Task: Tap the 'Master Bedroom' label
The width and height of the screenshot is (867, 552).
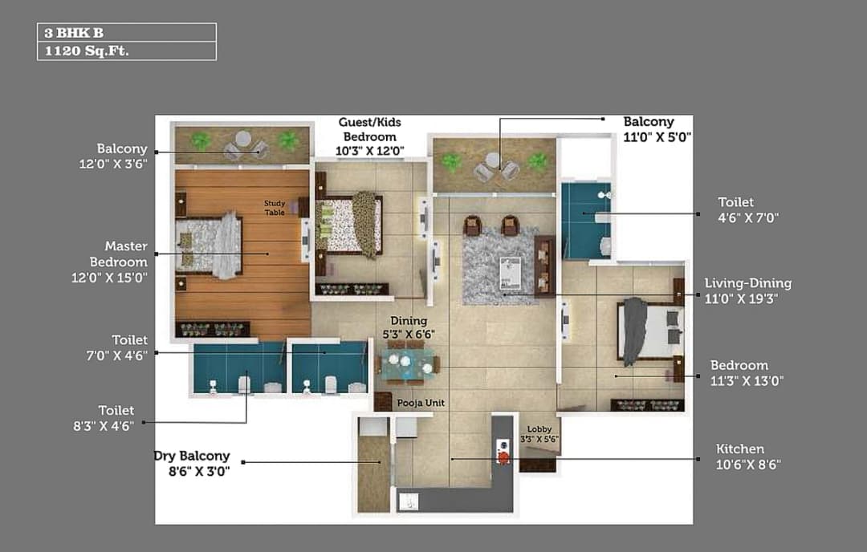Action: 118,254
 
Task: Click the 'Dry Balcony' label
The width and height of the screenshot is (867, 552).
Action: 192,457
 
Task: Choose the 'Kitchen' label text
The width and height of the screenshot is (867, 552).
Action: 739,448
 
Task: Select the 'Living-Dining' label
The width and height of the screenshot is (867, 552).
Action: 747,283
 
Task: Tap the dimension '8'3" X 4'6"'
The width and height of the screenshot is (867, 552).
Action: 104,426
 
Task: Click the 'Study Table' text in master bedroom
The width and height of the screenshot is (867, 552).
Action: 275,208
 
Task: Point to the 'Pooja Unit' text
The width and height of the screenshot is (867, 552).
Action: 421,403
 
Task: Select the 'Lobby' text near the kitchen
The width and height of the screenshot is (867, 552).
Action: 539,429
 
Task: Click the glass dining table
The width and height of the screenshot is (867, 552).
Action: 407,364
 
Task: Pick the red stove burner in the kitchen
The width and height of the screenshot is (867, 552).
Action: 503,458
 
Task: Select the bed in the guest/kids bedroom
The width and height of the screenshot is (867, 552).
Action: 348,225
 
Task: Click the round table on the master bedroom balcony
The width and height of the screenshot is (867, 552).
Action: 242,139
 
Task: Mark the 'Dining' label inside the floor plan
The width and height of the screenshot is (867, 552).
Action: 409,321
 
